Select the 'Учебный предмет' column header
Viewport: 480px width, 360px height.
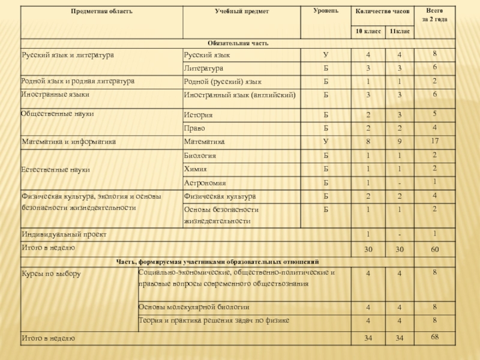point(233,11)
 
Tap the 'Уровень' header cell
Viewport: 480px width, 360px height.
point(325,11)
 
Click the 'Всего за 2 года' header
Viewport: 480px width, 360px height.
point(436,15)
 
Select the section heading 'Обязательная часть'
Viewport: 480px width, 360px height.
point(238,43)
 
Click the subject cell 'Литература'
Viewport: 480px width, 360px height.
point(203,68)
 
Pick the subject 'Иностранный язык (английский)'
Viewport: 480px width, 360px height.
point(240,95)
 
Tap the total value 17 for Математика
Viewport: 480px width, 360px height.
point(436,141)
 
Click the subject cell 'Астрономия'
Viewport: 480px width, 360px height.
point(205,182)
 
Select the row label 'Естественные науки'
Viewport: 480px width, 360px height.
point(56,170)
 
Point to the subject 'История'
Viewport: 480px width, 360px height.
point(199,115)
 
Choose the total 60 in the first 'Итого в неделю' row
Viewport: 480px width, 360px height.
point(436,248)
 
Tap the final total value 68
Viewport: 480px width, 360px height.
point(436,337)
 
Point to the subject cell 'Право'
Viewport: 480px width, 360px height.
point(194,128)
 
